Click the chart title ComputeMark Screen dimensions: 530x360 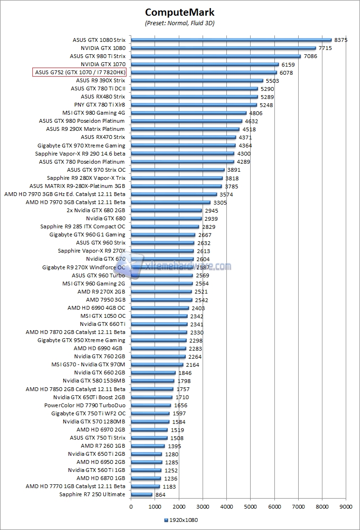(180, 12)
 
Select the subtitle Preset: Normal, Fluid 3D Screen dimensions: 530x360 (180, 23)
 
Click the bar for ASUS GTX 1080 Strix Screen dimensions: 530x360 (231, 40)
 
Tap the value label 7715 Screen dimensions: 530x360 (325, 48)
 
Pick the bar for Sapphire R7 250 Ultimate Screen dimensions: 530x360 (142, 494)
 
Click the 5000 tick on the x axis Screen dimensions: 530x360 (251, 506)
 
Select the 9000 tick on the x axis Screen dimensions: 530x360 (346, 506)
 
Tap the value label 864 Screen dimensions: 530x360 (161, 495)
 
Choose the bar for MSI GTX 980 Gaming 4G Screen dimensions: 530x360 (189, 113)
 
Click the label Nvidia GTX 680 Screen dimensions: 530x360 (106, 218)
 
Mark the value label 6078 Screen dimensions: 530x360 (286, 73)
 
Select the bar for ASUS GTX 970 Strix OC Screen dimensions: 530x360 (178, 170)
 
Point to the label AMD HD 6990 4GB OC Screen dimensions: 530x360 (97, 308)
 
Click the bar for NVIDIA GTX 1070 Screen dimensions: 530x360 (205, 64)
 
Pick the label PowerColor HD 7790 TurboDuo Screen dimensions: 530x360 (85, 405)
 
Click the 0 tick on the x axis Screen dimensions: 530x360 (131, 506)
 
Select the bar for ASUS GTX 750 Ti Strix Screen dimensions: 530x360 (149, 438)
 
